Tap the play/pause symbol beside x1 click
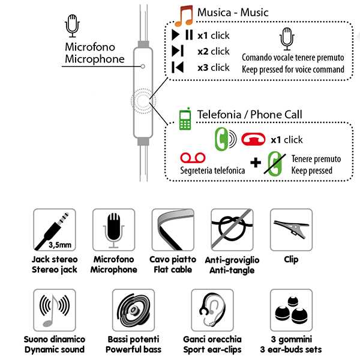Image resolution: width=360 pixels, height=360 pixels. (182, 35)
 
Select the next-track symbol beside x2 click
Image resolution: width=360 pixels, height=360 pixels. (178, 51)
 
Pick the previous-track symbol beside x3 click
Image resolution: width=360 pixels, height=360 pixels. (178, 67)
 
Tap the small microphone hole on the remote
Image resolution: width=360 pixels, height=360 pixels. (143, 67)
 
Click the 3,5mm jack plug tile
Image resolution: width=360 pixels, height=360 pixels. (54, 230)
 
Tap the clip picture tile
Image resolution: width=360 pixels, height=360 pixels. (291, 230)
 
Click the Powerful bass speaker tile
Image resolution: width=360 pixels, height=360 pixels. (133, 310)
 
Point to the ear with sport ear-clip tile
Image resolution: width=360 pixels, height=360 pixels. (212, 310)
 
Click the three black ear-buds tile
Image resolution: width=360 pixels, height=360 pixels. (291, 310)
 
